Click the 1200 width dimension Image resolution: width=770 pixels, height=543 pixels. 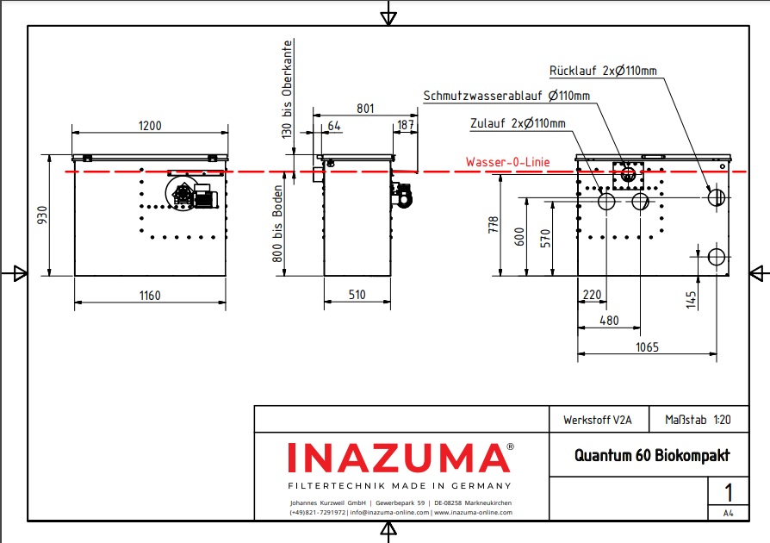tap(150, 126)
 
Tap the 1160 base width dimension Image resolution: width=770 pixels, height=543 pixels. tap(150, 296)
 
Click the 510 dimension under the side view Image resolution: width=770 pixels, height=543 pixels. tap(357, 295)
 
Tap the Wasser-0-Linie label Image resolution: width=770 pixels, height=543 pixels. tap(507, 161)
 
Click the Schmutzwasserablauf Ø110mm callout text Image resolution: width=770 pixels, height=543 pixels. tap(506, 95)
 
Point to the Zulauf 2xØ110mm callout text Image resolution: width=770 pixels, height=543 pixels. tap(518, 123)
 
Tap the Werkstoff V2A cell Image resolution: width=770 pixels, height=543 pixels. tap(597, 421)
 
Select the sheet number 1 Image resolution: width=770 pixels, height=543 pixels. tap(728, 492)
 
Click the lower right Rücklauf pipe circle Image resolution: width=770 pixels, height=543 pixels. tap(716, 257)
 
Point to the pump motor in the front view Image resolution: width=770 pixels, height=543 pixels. tap(202, 195)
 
